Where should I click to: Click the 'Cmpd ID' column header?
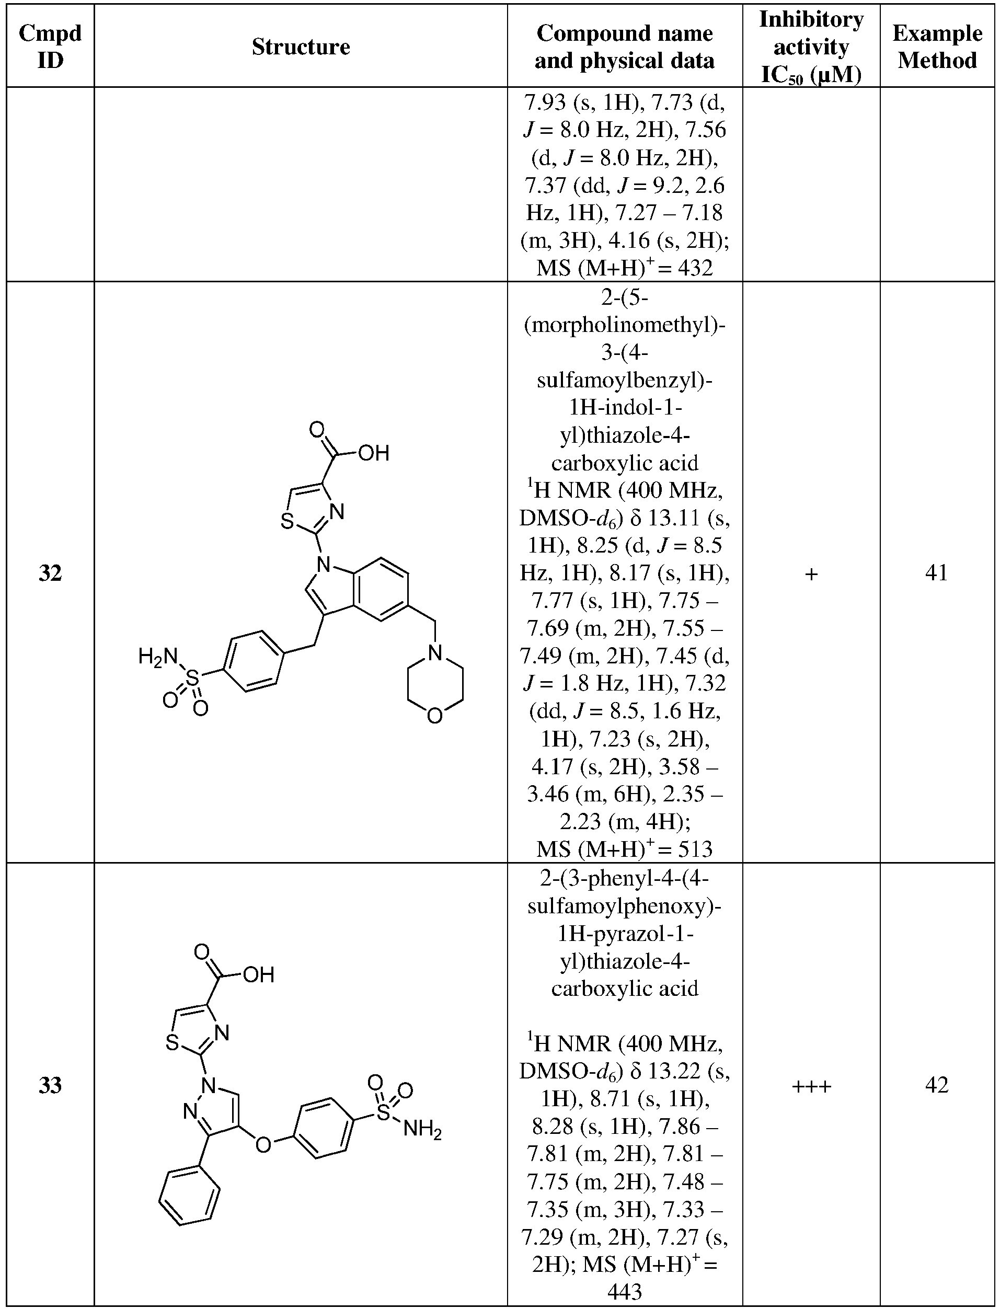coord(50,47)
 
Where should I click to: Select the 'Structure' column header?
coord(301,47)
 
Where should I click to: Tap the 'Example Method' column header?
coord(937,47)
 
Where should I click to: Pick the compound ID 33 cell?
coord(50,1085)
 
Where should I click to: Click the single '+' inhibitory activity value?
coord(811,574)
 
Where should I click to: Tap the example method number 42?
coord(937,1085)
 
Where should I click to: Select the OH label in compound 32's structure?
coord(374,454)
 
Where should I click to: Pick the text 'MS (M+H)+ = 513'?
coord(624,848)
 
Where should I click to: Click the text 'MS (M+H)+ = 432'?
coord(624,267)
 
